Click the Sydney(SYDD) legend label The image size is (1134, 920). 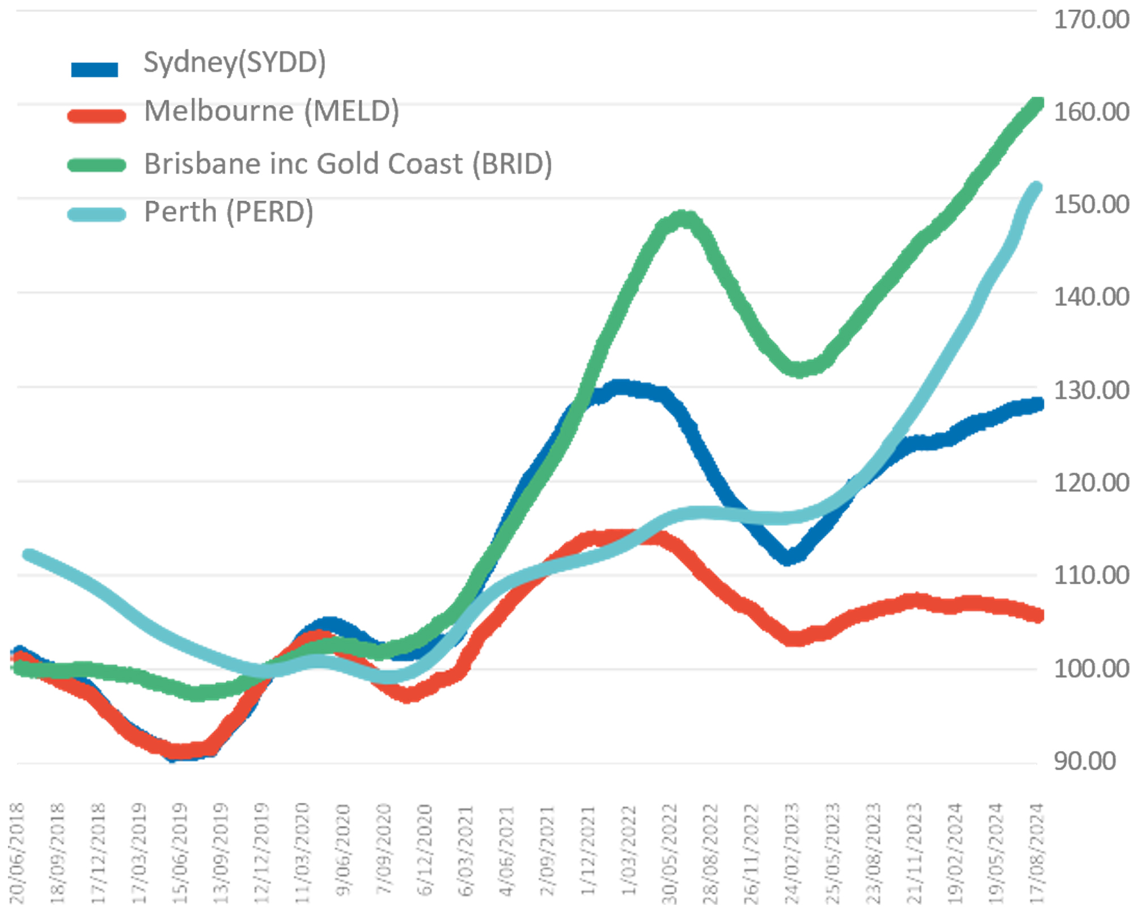tap(235, 62)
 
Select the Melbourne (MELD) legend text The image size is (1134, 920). tap(272, 111)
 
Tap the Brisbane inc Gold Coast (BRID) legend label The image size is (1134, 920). tap(348, 164)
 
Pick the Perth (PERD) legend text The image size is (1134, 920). tap(229, 212)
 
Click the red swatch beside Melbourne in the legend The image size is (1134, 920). tap(96, 116)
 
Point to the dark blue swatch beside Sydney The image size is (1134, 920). tap(94, 69)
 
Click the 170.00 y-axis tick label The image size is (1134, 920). tap(1090, 20)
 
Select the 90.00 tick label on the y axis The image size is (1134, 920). tap(1084, 761)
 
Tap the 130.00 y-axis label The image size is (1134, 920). tap(1090, 391)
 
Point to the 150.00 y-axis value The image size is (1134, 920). tap(1090, 205)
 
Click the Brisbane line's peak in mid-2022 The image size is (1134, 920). tap(684, 218)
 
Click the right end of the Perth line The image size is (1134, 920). tap(1036, 188)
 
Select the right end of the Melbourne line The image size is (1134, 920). tap(1037, 616)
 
